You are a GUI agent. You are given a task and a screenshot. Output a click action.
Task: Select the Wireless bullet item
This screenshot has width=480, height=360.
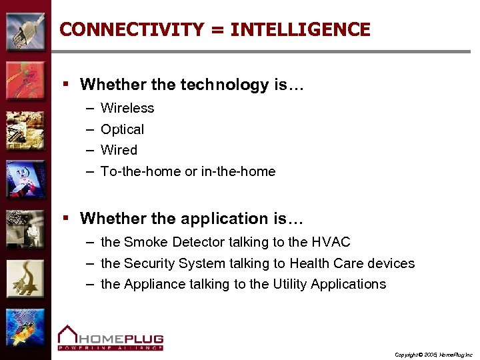(127, 108)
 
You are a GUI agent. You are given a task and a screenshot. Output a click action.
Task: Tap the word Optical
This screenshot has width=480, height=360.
(122, 129)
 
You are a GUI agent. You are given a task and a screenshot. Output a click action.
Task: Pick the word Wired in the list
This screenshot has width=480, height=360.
(119, 150)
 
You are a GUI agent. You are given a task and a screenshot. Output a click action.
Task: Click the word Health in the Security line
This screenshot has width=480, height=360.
(309, 263)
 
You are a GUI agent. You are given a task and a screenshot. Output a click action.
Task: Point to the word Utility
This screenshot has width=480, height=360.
(291, 284)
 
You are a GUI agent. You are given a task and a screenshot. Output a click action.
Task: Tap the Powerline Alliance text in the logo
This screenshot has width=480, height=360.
(110, 347)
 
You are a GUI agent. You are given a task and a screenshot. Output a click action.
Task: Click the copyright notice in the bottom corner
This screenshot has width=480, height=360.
(433, 354)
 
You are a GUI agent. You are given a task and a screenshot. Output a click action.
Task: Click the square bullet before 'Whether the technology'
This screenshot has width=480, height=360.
(66, 85)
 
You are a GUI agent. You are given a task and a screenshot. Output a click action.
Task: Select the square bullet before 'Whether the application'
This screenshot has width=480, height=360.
(66, 219)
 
